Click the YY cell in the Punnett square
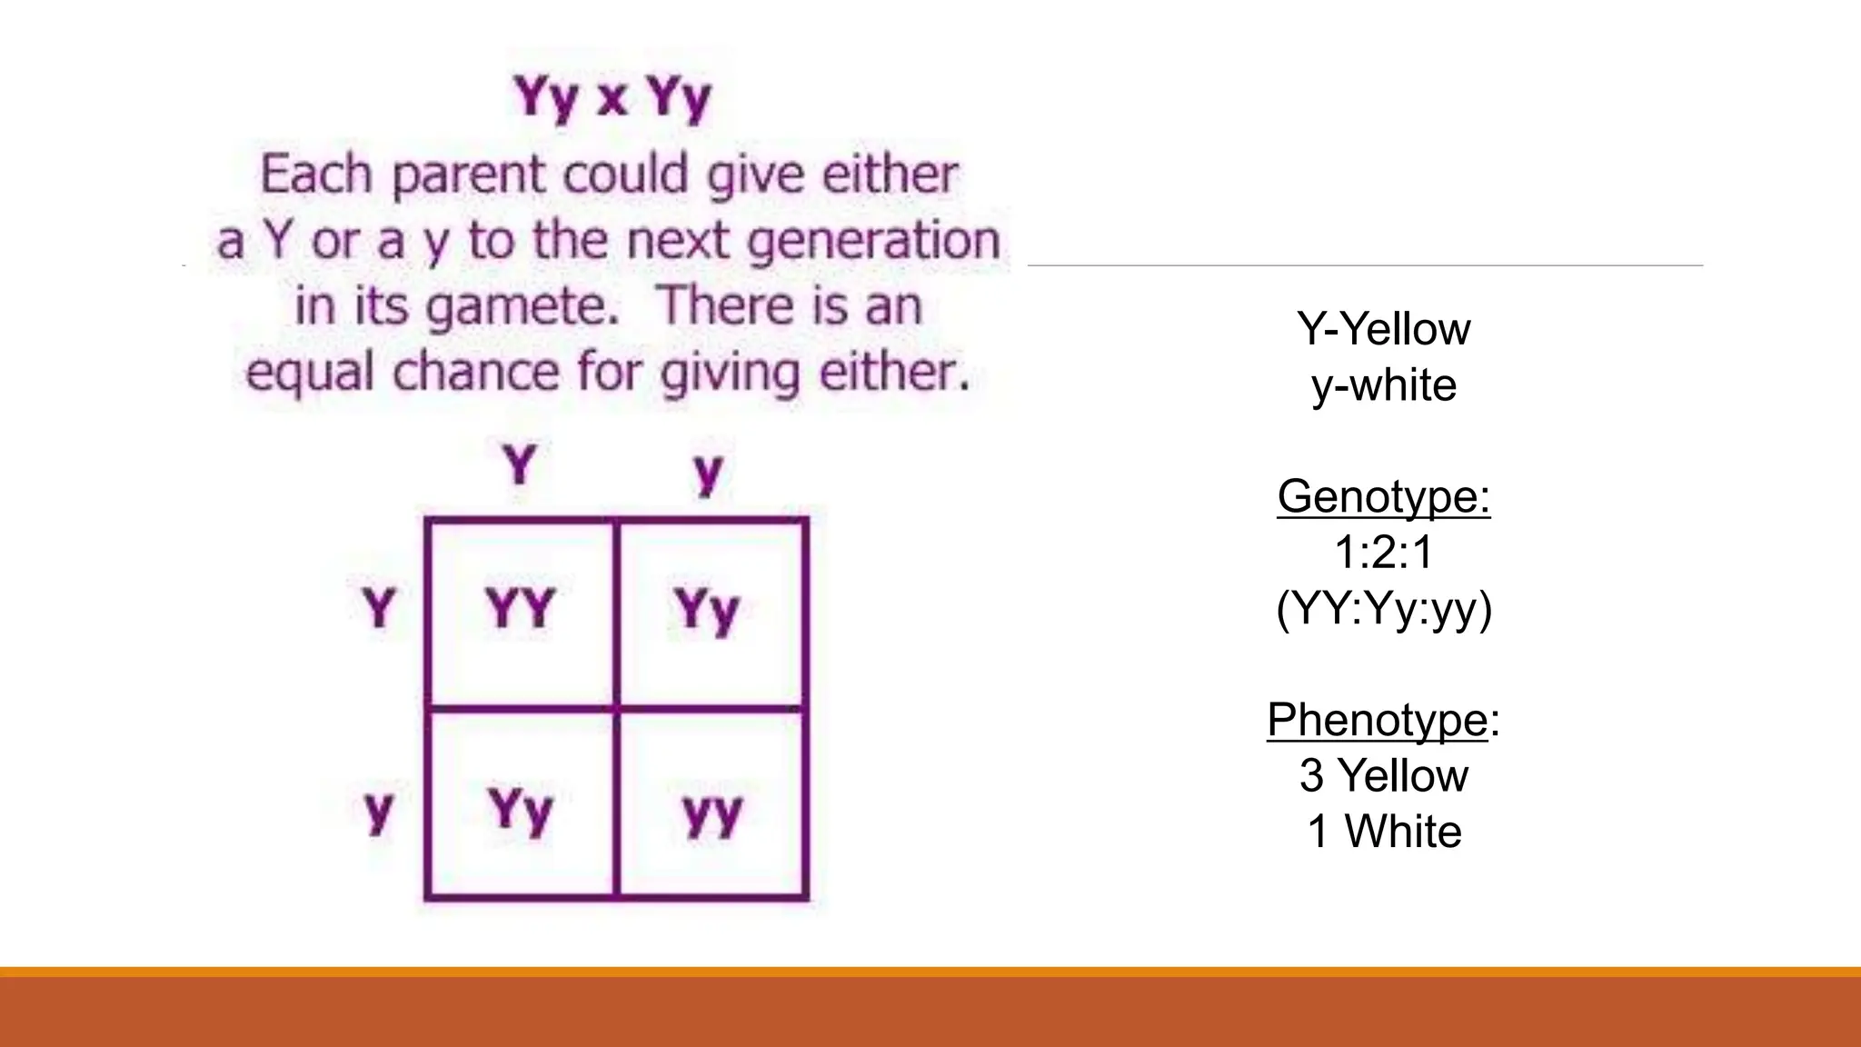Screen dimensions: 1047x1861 click(520, 608)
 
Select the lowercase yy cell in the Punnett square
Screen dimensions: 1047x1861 click(712, 814)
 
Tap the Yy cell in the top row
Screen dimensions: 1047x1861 click(707, 610)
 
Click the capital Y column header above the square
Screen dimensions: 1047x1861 click(520, 465)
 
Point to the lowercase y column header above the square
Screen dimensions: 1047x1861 click(708, 473)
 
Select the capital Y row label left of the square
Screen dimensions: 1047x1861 click(379, 607)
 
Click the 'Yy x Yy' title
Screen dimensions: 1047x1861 click(612, 97)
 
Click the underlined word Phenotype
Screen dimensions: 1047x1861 click(1377, 720)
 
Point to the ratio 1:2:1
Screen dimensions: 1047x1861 click(1383, 552)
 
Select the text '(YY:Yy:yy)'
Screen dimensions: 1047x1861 click(1383, 608)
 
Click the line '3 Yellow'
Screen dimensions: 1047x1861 click(1383, 775)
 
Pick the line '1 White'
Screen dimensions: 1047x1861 click(1383, 832)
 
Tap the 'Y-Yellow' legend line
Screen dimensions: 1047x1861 click(1383, 328)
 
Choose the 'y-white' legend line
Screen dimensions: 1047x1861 click(1383, 385)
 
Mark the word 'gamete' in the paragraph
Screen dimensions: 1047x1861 click(522, 306)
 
